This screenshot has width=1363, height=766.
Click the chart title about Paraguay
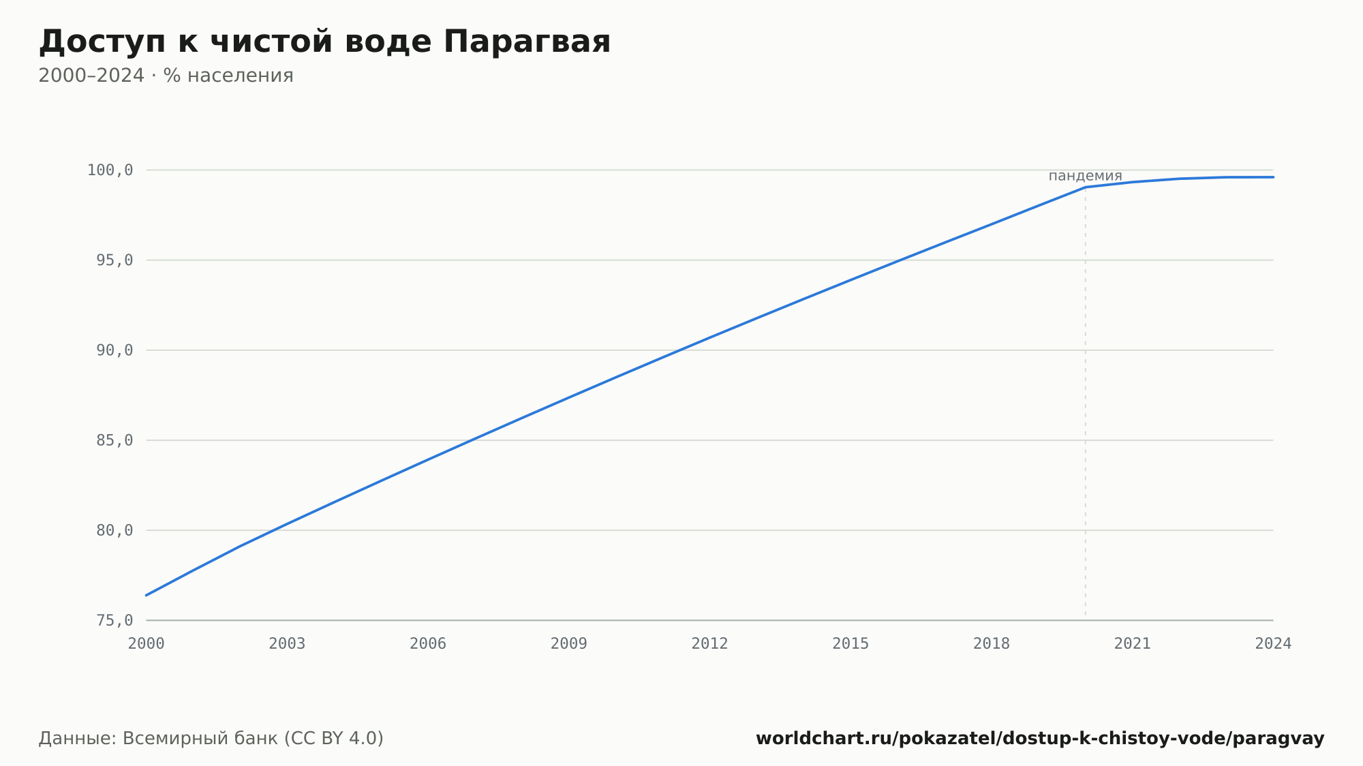click(324, 42)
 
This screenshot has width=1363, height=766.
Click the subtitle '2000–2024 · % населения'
click(166, 76)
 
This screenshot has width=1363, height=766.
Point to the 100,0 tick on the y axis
click(110, 170)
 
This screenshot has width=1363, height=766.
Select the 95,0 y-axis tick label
click(114, 260)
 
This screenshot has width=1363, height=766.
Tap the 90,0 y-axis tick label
click(114, 350)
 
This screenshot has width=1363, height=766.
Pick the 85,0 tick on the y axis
click(114, 440)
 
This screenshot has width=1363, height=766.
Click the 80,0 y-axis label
click(114, 530)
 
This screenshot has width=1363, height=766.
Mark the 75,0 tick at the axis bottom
click(114, 620)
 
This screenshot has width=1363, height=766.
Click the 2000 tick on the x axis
click(147, 644)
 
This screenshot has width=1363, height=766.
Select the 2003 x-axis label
click(287, 644)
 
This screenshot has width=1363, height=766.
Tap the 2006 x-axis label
click(428, 644)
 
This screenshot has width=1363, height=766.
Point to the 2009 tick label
click(569, 644)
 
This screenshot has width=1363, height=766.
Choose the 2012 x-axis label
click(710, 644)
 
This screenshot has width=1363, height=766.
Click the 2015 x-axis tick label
click(851, 644)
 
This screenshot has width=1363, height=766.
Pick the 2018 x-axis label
click(992, 644)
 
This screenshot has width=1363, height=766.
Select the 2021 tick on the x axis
click(1133, 644)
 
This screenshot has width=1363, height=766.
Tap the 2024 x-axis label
click(1273, 644)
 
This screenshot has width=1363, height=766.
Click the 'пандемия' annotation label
click(1085, 176)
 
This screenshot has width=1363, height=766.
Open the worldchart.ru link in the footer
click(1040, 739)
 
